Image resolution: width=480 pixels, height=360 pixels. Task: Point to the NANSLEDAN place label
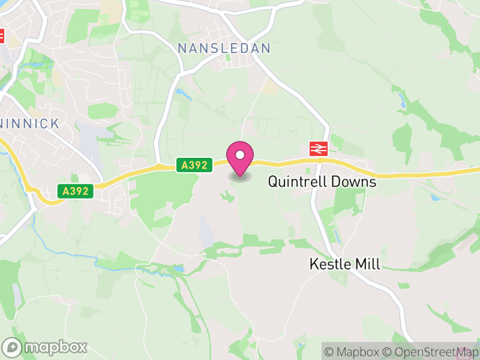tap(224, 48)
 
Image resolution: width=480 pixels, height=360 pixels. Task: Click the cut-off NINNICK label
tap(30, 124)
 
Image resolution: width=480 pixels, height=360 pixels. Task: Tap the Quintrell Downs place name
tap(322, 181)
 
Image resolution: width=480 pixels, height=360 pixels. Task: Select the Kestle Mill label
tap(344, 263)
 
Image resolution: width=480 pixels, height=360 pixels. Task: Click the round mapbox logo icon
tap(13, 347)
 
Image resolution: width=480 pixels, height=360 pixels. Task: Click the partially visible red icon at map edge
tap(1, 36)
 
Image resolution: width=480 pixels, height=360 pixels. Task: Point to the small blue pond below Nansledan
tap(179, 93)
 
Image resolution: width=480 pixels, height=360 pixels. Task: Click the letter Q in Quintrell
tap(274, 181)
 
